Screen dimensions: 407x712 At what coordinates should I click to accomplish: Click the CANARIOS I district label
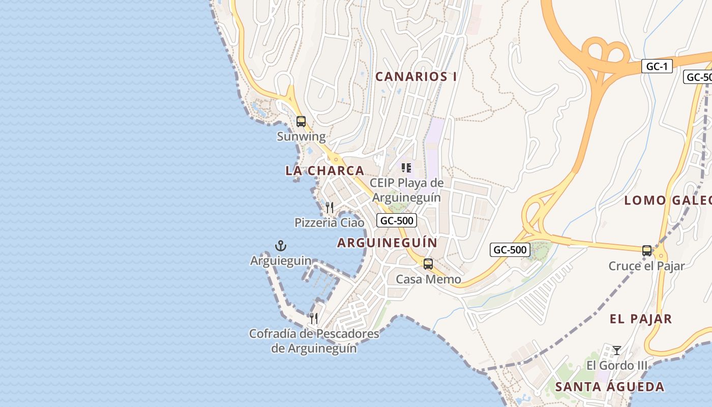coord(416,77)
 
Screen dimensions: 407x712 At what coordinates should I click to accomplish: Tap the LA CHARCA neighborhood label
coord(324,171)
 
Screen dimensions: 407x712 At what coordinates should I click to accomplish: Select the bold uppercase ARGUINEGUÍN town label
coord(387,243)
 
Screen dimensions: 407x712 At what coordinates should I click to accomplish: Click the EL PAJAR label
coord(641,319)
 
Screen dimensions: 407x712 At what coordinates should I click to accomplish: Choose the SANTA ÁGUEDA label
coord(609,387)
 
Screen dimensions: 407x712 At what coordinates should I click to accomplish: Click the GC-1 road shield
coord(657,66)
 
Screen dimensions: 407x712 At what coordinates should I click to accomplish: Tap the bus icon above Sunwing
coord(301,122)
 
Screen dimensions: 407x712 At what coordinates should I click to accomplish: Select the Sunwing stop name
coord(301,136)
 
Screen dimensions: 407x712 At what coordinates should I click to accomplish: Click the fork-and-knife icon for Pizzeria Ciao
coord(330,207)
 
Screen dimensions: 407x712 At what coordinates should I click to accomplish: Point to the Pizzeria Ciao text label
coord(330,223)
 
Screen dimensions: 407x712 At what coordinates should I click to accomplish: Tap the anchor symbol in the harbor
coord(281,246)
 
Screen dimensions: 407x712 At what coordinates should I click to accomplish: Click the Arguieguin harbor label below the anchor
coord(281,261)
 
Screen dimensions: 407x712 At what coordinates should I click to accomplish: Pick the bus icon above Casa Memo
coord(428,264)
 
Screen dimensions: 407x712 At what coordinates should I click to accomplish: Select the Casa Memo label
coord(428,279)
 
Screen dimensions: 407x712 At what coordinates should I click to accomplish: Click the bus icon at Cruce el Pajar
coord(647,250)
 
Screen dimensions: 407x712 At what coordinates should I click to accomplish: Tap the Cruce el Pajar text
coord(647,266)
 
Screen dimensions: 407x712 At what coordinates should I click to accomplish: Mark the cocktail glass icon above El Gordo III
coord(617,350)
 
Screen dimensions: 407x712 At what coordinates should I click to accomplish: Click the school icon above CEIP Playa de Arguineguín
coord(406,167)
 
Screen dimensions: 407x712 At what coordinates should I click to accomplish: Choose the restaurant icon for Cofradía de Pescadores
coord(314,318)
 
